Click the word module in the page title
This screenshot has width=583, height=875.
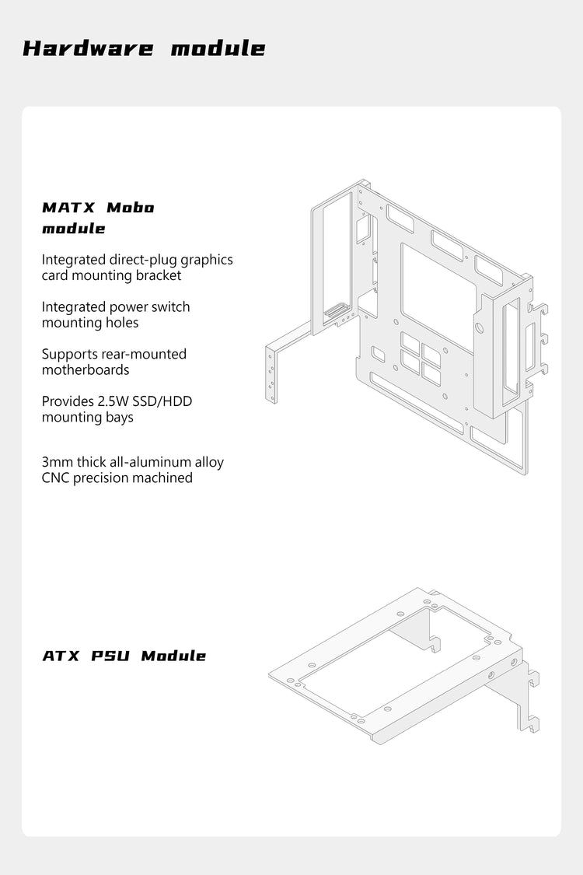point(218,48)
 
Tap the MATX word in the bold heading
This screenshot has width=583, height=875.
point(68,208)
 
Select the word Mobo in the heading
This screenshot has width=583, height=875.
point(130,208)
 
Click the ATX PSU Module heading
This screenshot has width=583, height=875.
point(124,656)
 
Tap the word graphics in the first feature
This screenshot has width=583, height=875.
point(206,260)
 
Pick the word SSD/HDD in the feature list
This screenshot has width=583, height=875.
point(164,401)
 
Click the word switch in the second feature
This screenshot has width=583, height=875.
point(170,307)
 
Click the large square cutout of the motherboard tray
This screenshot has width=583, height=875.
point(437,296)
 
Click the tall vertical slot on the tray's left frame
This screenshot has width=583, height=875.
point(337,257)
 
